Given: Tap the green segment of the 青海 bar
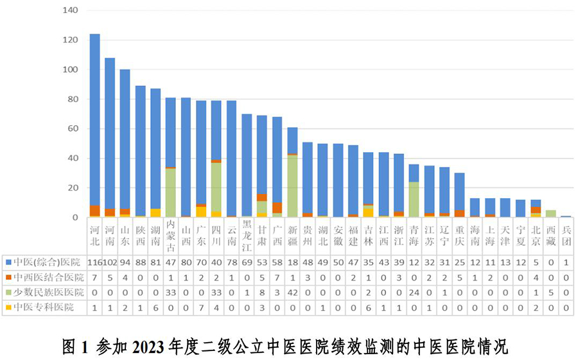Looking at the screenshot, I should point(414,200).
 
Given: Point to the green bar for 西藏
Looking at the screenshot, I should point(550,214).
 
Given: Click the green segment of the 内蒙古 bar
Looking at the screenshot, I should point(170,193).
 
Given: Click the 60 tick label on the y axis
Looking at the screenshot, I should point(73,129).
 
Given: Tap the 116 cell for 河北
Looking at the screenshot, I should point(94,262).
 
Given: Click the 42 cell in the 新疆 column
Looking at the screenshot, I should point(292,292).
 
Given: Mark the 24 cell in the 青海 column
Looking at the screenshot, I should point(414,292).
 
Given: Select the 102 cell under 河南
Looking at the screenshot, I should point(110,262).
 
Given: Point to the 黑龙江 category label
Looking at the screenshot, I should point(247,237).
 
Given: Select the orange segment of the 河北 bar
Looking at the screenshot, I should point(94,210).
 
